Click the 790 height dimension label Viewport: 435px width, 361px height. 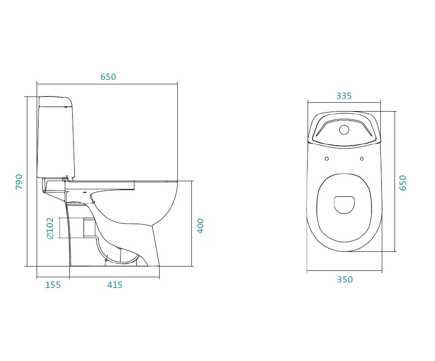19,182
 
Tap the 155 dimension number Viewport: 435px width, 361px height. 53,285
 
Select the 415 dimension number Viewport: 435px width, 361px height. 115,285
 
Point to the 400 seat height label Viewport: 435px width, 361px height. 200,226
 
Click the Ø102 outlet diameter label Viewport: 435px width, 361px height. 50,228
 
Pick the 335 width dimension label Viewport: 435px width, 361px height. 344,96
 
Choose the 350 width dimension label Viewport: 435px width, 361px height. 345,280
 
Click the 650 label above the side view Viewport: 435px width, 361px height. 108,76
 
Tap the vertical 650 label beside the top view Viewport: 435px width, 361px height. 403,183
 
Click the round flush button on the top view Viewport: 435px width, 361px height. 344,130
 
